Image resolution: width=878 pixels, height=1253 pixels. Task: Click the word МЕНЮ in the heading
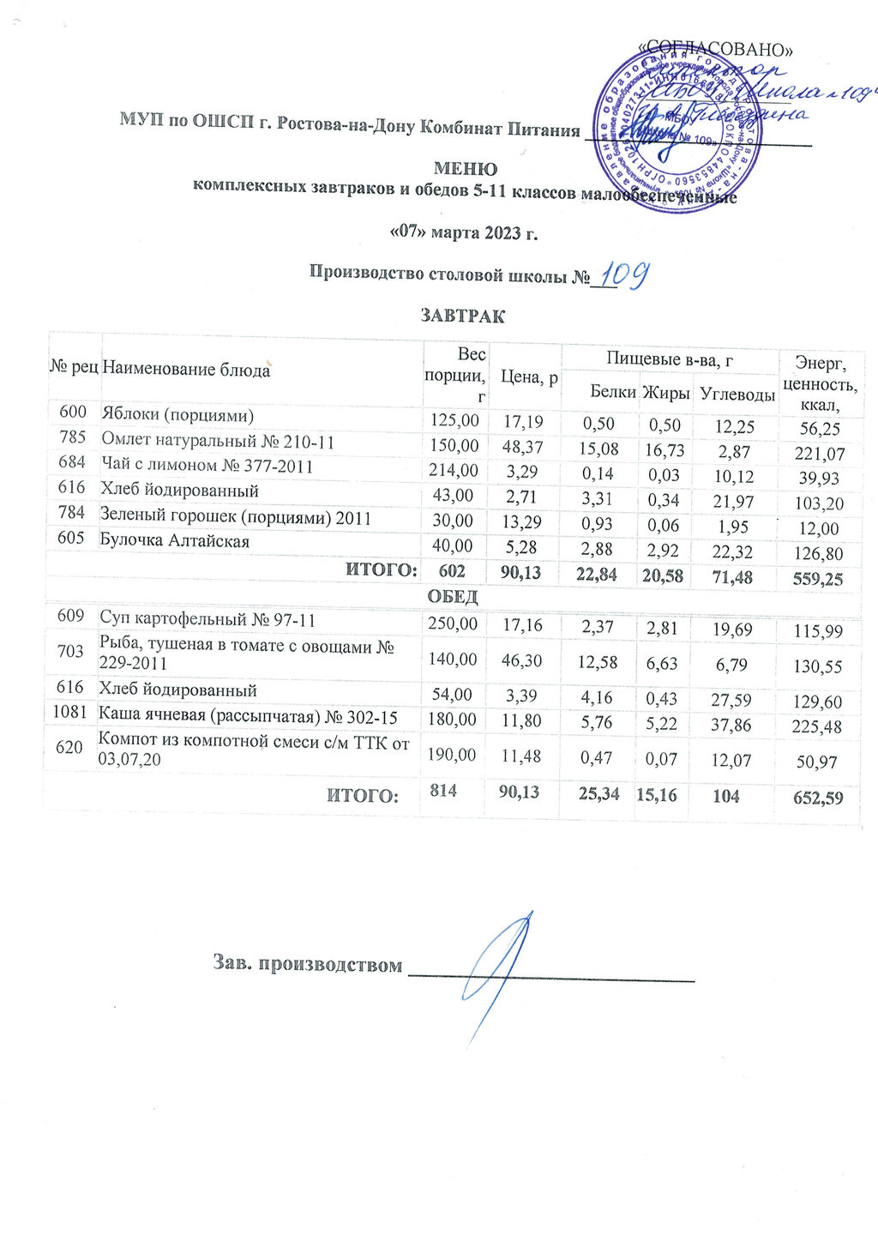pyautogui.click(x=465, y=169)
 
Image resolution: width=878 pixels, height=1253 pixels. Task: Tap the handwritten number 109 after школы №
pyautogui.click(x=622, y=275)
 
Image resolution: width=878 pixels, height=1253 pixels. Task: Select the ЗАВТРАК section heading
pyautogui.click(x=462, y=316)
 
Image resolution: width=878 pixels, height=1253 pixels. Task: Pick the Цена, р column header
pyautogui.click(x=529, y=377)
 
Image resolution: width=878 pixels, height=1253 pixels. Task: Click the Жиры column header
pyautogui.click(x=666, y=393)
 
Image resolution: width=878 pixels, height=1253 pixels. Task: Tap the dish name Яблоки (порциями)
pyautogui.click(x=177, y=415)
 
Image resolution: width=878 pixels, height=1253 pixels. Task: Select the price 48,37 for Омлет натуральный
pyautogui.click(x=523, y=447)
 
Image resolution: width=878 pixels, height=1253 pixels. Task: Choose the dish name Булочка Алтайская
pyautogui.click(x=175, y=541)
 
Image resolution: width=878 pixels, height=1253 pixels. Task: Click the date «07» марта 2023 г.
pyautogui.click(x=463, y=232)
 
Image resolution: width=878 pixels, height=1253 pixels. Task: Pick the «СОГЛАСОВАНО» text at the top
pyautogui.click(x=717, y=50)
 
